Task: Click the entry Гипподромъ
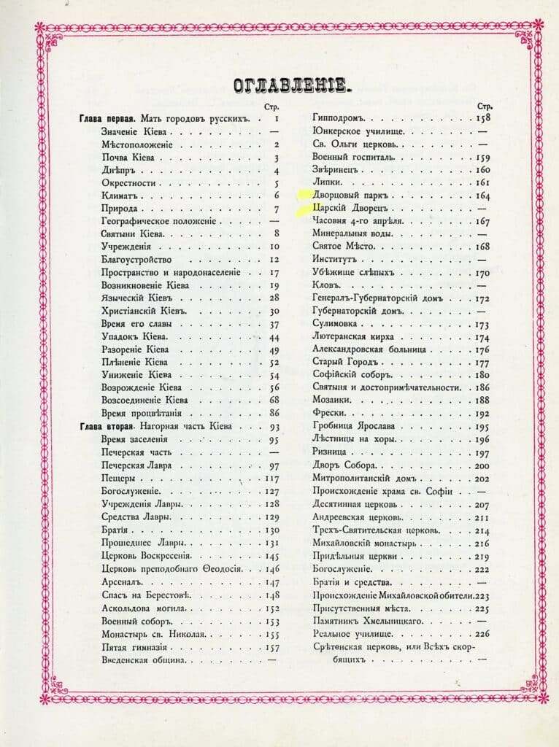point(341,118)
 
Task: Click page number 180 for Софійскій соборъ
point(482,374)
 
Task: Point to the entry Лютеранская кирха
point(353,336)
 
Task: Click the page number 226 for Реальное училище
point(482,633)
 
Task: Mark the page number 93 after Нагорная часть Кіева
point(274,427)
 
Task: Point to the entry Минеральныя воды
point(352,234)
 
